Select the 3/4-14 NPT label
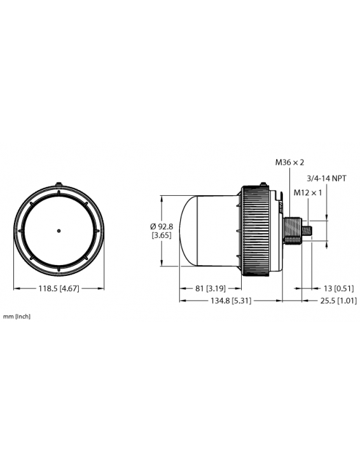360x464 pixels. click(x=326, y=179)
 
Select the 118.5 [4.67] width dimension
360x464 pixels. click(x=59, y=288)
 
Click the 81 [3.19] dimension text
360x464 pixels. click(x=209, y=288)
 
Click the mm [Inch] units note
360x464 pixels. click(x=17, y=316)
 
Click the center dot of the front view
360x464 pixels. click(x=59, y=230)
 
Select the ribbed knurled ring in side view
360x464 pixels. click(x=260, y=231)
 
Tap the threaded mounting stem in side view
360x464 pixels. click(x=292, y=230)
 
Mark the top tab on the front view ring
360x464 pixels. click(x=59, y=182)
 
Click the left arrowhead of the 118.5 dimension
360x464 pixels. click(x=15, y=288)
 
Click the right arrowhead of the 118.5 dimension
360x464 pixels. click(x=101, y=288)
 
